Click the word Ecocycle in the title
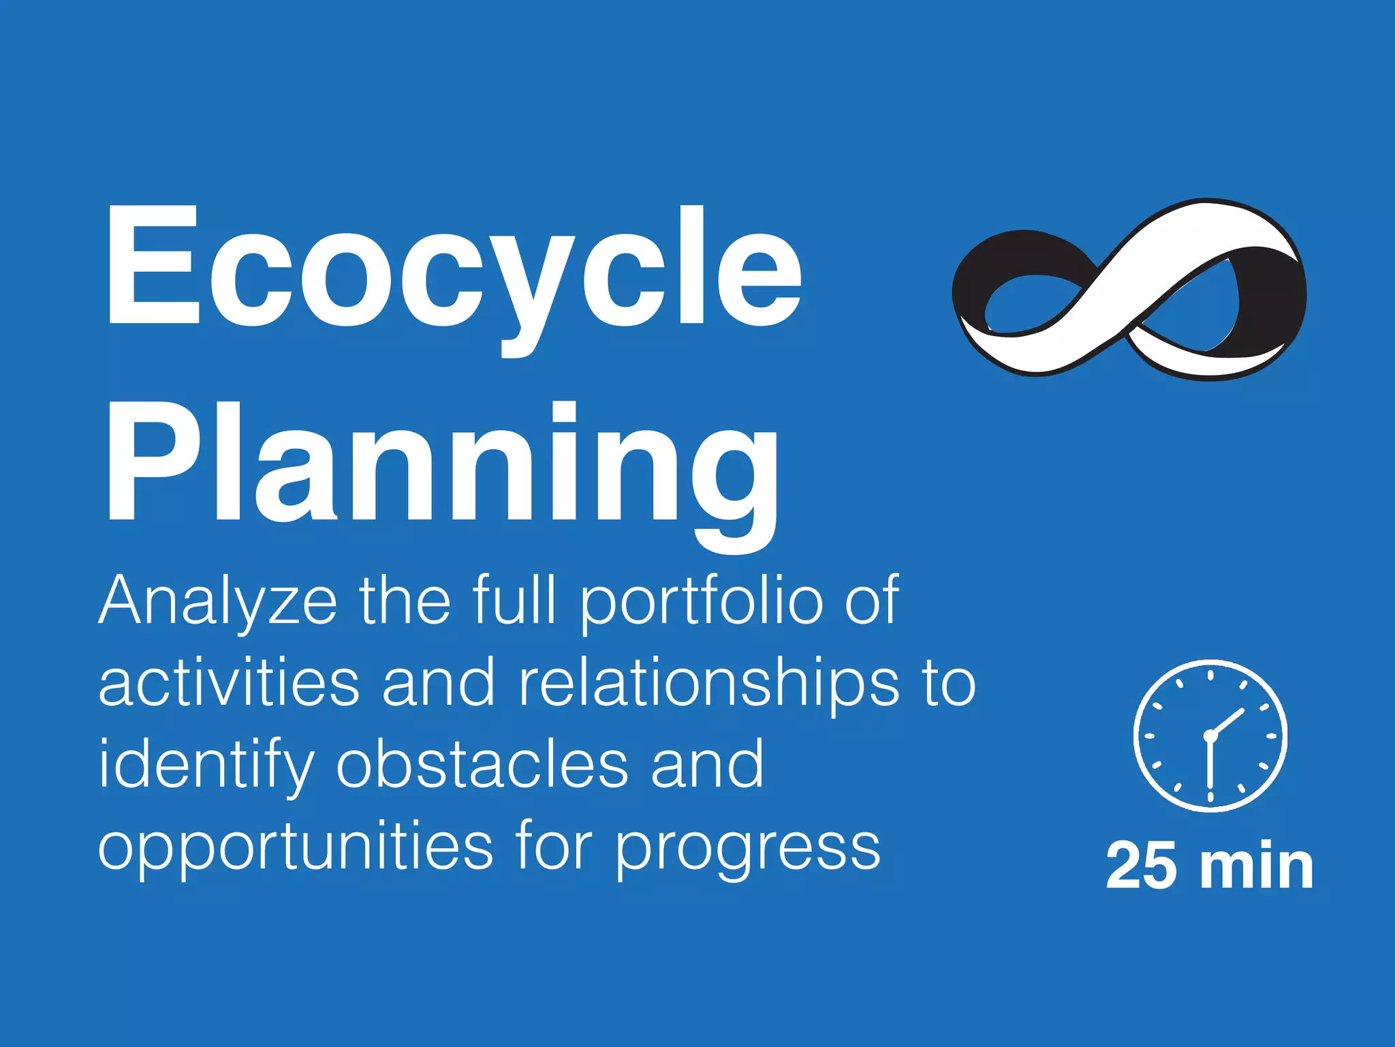(453, 269)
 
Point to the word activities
(229, 683)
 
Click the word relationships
(708, 684)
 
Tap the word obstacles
(482, 765)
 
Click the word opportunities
(296, 848)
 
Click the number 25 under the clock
(1140, 866)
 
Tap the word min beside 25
(1257, 866)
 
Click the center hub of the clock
(1210, 736)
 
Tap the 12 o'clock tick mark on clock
(1210, 676)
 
